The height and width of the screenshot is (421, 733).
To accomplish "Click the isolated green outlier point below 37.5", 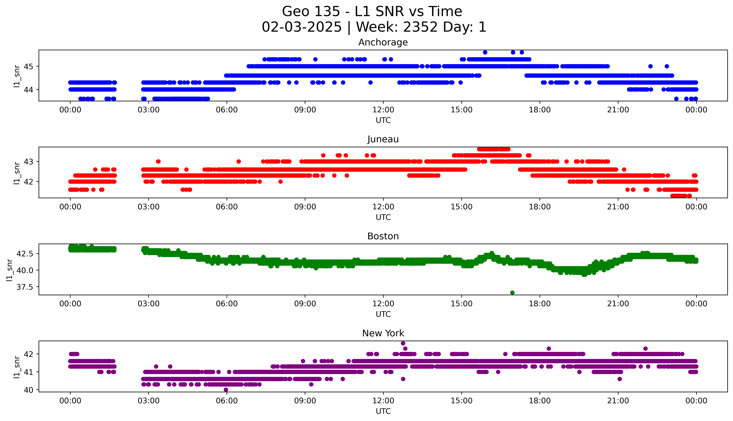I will (x=512, y=293).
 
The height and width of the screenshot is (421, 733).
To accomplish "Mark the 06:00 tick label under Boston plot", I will (x=227, y=304).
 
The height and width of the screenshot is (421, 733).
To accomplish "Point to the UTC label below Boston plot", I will (x=383, y=314).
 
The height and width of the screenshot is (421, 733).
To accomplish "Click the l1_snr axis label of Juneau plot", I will (x=17, y=173).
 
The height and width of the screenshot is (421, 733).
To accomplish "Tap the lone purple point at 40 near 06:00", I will (x=226, y=390).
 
